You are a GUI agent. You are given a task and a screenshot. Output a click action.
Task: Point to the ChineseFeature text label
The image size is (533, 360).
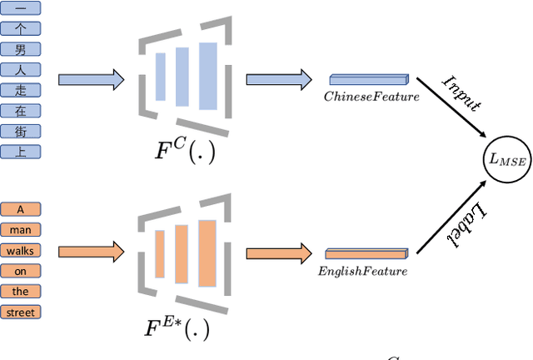pyautogui.click(x=371, y=97)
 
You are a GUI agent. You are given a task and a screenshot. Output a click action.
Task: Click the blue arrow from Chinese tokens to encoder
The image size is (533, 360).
pyautogui.click(x=91, y=79)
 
